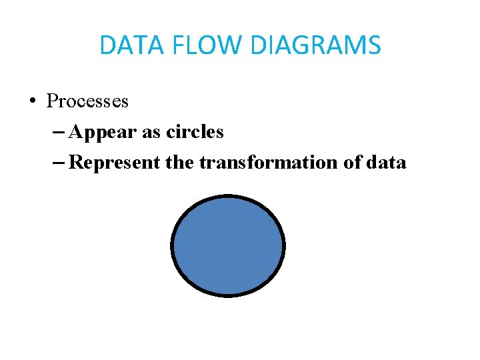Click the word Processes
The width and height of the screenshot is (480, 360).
[87, 101]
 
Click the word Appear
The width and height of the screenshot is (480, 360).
[103, 132]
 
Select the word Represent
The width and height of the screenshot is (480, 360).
[115, 163]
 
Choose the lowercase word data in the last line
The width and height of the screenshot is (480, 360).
[387, 163]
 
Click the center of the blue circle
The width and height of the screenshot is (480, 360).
[228, 245]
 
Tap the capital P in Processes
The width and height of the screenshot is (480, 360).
[51, 101]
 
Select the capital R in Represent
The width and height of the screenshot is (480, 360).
[75, 163]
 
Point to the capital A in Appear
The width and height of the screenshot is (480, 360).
[75, 132]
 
